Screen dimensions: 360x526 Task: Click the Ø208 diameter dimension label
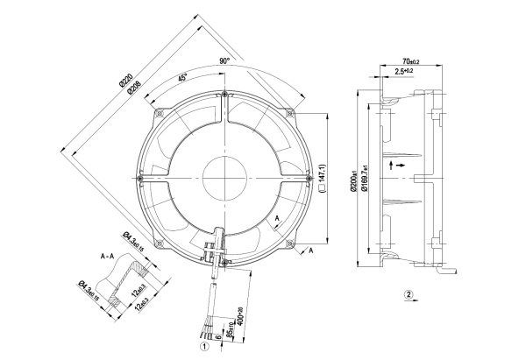click(x=135, y=88)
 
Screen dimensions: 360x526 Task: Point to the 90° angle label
click(x=225, y=61)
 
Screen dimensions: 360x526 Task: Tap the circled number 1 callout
click(x=204, y=345)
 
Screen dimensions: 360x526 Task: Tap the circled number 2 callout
click(x=409, y=294)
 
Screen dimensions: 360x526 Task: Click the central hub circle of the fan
click(x=226, y=172)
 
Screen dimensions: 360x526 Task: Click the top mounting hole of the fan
click(x=226, y=94)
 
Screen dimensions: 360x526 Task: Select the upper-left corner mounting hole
click(x=160, y=112)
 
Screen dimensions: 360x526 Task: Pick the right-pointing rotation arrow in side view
click(x=401, y=164)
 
